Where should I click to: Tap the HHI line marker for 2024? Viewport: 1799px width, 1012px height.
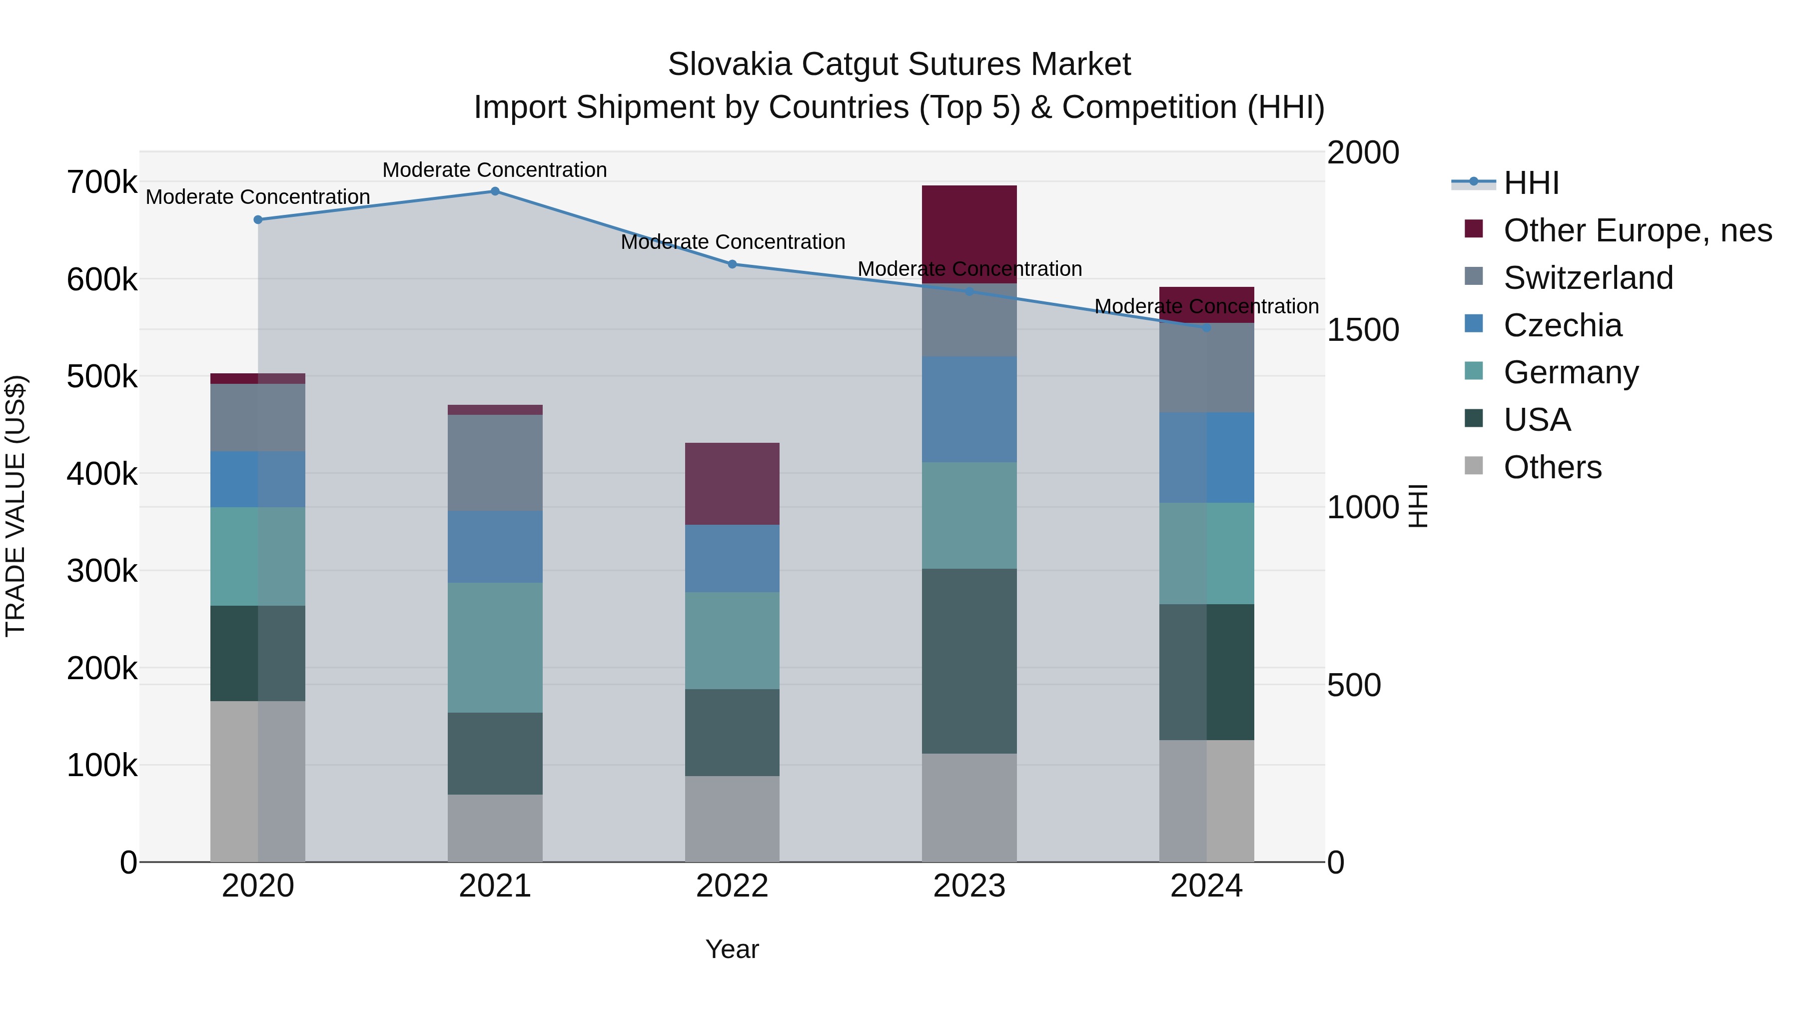pyautogui.click(x=1206, y=327)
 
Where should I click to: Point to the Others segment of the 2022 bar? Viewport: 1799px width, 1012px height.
pyautogui.click(x=732, y=819)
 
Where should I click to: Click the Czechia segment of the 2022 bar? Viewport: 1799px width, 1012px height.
pyautogui.click(x=732, y=558)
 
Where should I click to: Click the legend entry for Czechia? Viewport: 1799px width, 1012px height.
pyautogui.click(x=1562, y=325)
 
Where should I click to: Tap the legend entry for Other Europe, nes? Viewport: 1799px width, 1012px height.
pyautogui.click(x=1636, y=230)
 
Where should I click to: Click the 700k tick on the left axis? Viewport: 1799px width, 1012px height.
pyautogui.click(x=102, y=183)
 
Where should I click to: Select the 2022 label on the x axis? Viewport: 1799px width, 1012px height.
pyautogui.click(x=732, y=886)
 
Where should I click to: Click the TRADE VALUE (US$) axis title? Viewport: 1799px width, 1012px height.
pyautogui.click(x=15, y=506)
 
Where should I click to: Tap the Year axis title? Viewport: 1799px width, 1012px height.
pyautogui.click(x=732, y=949)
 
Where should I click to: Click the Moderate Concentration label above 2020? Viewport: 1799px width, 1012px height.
pyautogui.click(x=258, y=197)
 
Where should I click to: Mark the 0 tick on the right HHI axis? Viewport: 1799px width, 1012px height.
pyautogui.click(x=1335, y=863)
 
